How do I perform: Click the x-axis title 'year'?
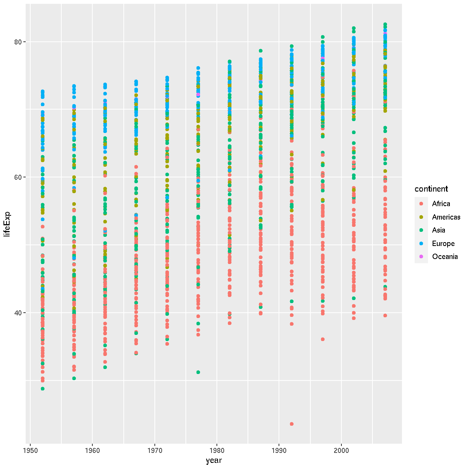click(214, 460)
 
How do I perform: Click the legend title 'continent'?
click(431, 189)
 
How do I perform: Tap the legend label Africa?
click(441, 204)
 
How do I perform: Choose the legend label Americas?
click(446, 217)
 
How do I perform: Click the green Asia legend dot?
click(421, 230)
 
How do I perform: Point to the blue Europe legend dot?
click(421, 244)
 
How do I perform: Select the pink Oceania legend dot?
click(421, 257)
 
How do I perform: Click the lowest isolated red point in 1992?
click(292, 424)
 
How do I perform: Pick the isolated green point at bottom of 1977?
click(198, 372)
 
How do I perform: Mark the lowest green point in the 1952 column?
click(43, 389)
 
